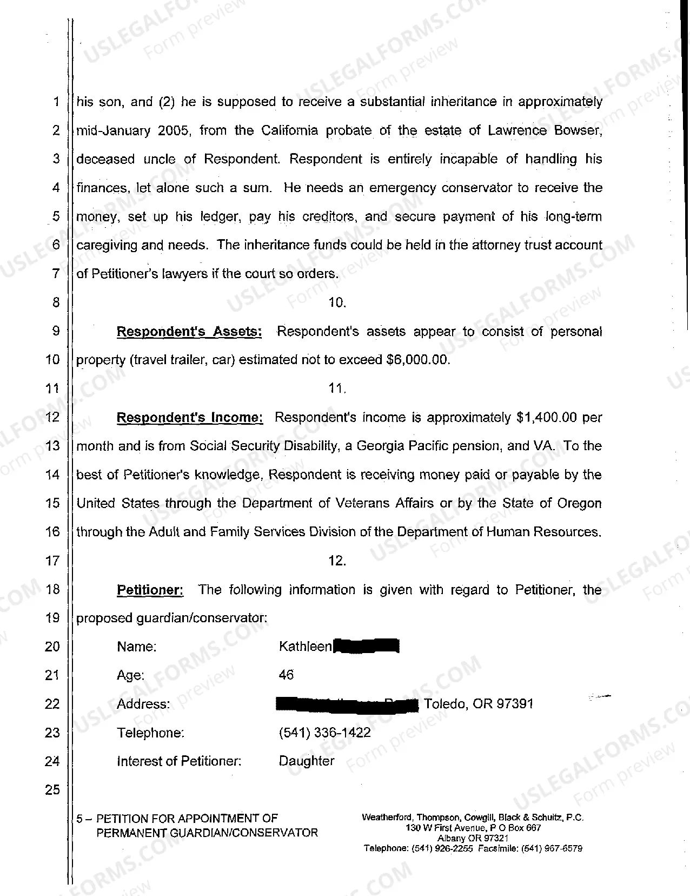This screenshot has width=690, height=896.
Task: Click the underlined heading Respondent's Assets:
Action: (x=189, y=332)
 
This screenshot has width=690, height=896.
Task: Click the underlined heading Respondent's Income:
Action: (x=190, y=418)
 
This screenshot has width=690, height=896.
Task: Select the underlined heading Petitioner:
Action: (x=150, y=590)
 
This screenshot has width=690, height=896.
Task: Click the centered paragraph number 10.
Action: (x=337, y=303)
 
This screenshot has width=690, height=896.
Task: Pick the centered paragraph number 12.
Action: (x=337, y=561)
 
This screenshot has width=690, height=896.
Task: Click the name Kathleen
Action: (x=305, y=647)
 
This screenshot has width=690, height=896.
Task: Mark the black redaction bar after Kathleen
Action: (x=367, y=647)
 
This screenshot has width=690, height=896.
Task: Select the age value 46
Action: (x=286, y=675)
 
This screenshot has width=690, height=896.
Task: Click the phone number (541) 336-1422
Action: (x=324, y=733)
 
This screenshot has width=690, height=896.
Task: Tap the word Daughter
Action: (x=306, y=761)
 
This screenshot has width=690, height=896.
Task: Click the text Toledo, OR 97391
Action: (x=479, y=704)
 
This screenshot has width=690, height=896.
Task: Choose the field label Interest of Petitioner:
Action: (x=179, y=761)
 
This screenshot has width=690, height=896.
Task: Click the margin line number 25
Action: (x=52, y=790)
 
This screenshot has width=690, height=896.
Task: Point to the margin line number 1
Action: (x=56, y=102)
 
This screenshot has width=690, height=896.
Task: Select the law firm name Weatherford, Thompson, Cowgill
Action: (x=427, y=818)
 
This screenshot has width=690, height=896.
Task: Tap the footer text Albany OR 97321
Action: (x=473, y=838)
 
